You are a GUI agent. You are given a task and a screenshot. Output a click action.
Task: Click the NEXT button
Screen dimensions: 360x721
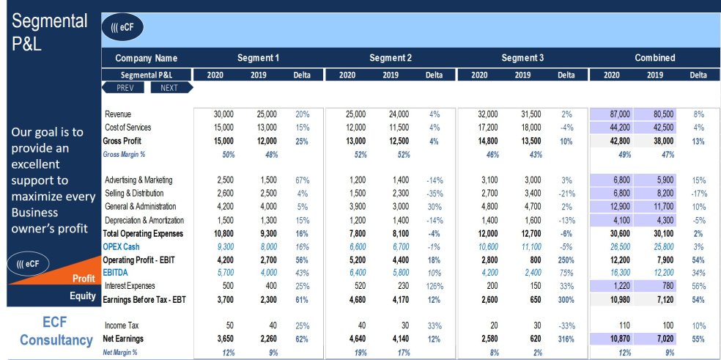[x=171, y=87]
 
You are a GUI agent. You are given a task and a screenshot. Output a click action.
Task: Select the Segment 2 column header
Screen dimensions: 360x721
[x=390, y=58]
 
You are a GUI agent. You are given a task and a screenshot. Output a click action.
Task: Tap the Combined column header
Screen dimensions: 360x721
[x=654, y=58]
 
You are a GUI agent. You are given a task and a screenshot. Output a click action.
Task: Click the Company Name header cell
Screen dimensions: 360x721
[x=147, y=58]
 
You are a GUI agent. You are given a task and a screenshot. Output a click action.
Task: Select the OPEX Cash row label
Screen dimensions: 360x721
[x=121, y=247]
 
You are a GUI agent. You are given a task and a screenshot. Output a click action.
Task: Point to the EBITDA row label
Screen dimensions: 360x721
[x=117, y=272]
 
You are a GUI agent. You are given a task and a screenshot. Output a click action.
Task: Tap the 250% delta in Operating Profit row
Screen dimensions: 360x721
[x=565, y=260]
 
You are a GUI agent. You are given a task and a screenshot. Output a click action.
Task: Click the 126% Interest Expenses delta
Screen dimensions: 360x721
[x=434, y=286]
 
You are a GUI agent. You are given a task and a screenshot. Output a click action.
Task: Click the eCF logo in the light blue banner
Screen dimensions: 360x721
[x=122, y=28]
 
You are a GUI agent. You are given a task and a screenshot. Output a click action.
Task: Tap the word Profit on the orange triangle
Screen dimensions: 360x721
[x=84, y=279]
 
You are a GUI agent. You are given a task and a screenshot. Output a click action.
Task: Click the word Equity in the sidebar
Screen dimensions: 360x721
[x=82, y=296]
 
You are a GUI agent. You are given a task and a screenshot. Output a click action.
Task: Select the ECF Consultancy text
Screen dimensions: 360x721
[x=56, y=331]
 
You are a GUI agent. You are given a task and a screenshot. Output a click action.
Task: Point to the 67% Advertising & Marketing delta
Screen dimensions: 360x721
[x=302, y=180]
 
